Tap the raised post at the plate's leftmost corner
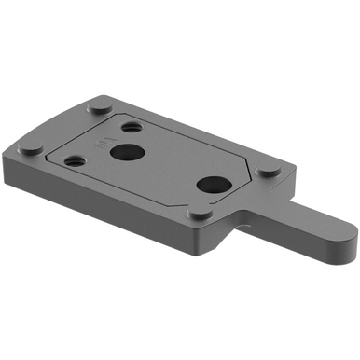[x=30, y=149]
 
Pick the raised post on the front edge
[x=199, y=215]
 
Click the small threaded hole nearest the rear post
[x=132, y=126]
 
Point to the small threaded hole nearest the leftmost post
[x=76, y=160]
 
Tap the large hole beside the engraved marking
[x=124, y=151]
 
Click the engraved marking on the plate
[x=101, y=143]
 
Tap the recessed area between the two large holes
[x=168, y=168]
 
